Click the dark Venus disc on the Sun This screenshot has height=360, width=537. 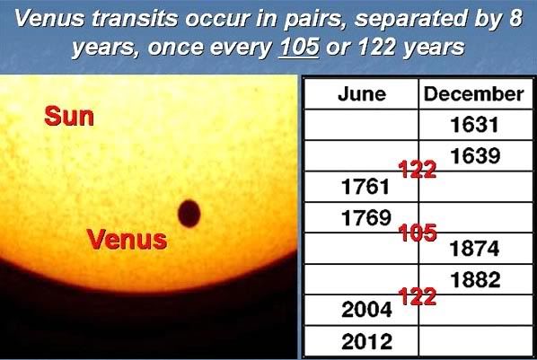(x=189, y=214)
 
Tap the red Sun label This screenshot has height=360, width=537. (x=69, y=117)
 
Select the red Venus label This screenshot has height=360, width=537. (x=127, y=239)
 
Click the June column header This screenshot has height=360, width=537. (x=362, y=94)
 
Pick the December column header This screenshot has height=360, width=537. (x=473, y=94)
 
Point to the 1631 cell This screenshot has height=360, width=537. (x=474, y=124)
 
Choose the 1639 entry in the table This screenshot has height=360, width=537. (x=475, y=156)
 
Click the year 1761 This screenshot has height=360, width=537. (x=365, y=187)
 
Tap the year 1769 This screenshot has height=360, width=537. (x=365, y=217)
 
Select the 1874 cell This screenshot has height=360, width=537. (x=474, y=249)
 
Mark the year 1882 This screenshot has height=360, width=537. (x=475, y=279)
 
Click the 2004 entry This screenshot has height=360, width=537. (x=366, y=310)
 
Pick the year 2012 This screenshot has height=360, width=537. (x=366, y=341)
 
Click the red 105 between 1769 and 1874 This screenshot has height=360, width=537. (x=418, y=233)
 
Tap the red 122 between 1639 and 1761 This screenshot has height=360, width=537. (x=418, y=169)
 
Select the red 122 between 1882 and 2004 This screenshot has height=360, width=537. (x=418, y=296)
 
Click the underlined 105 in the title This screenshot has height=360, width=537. (x=299, y=47)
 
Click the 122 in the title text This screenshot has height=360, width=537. (x=377, y=47)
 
